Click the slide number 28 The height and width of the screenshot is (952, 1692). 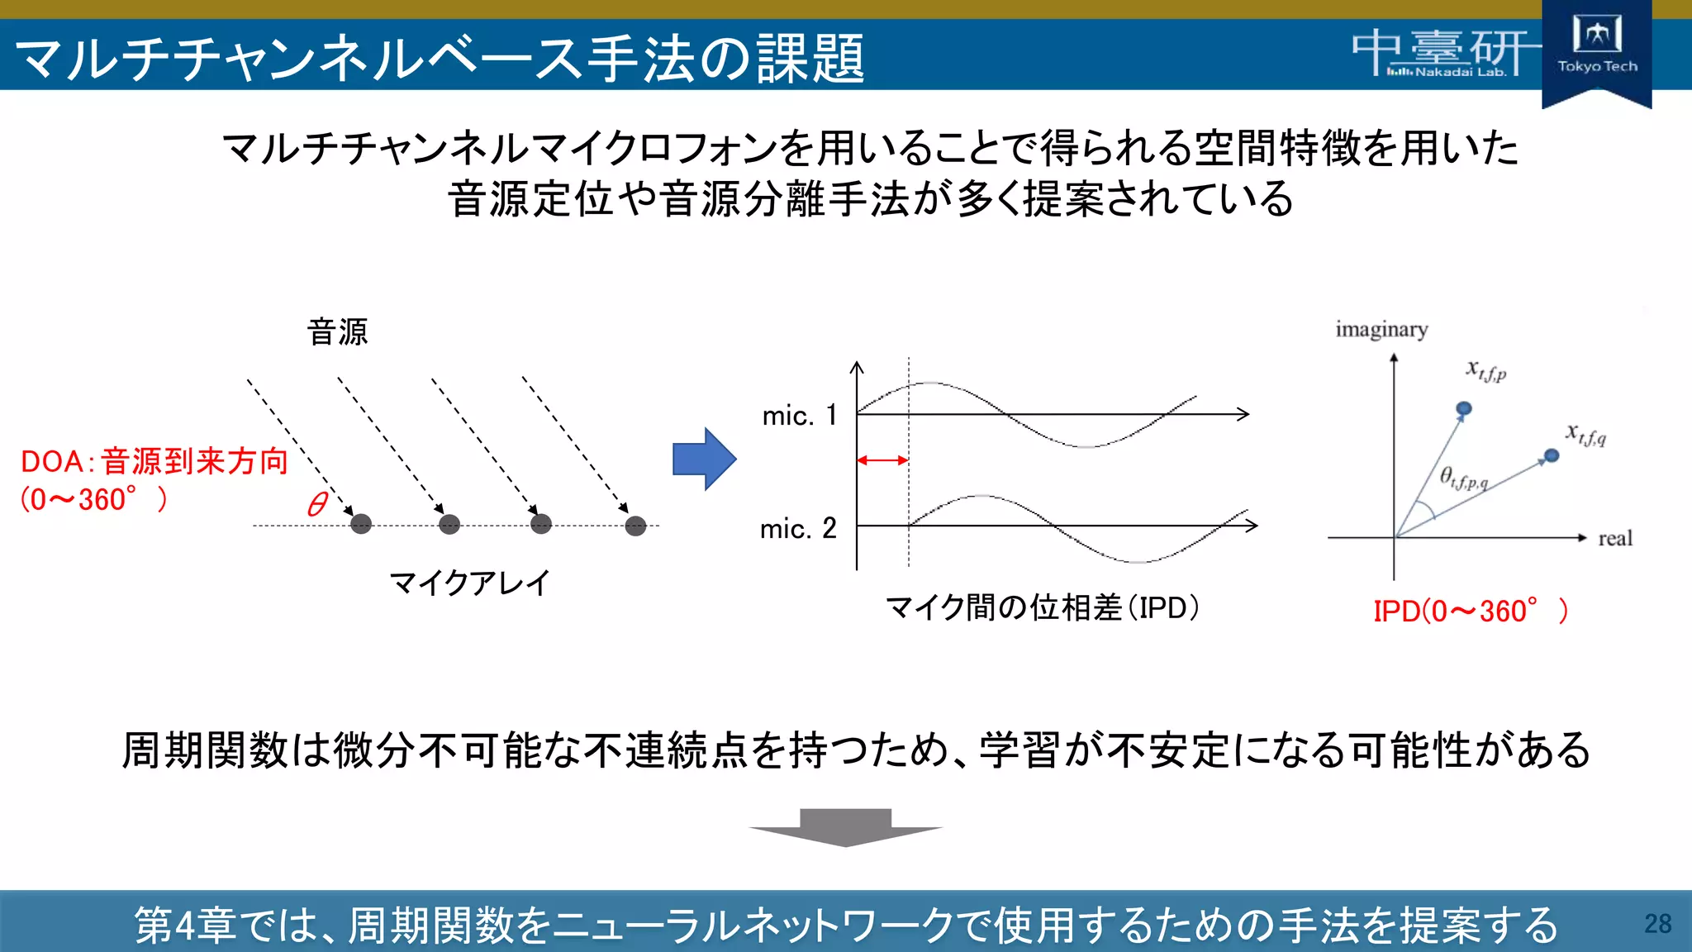(1657, 923)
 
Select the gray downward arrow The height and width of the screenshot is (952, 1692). (845, 827)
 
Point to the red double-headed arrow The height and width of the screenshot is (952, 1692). (882, 460)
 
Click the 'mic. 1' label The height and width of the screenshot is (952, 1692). (799, 415)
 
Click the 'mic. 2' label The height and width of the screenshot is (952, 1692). (798, 528)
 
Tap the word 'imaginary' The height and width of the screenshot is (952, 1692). (1381, 330)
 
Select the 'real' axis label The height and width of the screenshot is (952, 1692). (1614, 539)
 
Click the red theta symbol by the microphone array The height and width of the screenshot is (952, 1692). (317, 504)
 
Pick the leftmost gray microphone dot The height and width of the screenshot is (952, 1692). (361, 524)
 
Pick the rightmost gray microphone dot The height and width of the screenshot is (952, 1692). (635, 526)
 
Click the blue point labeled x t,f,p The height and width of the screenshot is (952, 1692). (1464, 408)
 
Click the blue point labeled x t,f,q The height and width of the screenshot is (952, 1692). (1552, 455)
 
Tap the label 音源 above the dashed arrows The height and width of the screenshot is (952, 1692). (337, 332)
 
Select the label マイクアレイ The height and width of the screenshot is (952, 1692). (469, 583)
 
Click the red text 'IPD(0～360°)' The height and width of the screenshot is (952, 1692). (1470, 612)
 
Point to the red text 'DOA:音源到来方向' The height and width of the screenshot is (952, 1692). (154, 461)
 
